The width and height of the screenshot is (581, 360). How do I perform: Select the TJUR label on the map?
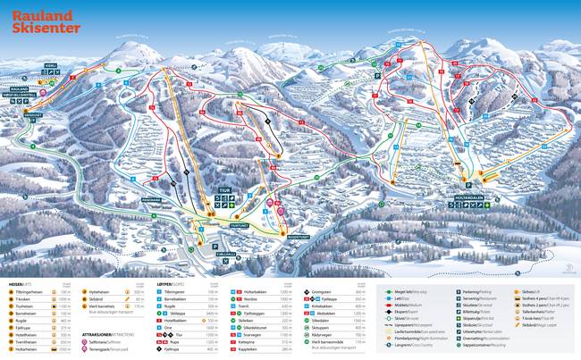227,190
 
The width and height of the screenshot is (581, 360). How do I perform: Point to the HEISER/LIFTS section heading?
24,283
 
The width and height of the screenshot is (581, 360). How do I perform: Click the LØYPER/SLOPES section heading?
174,283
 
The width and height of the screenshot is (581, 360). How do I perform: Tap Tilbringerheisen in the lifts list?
34,293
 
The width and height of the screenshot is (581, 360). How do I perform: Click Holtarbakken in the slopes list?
256,293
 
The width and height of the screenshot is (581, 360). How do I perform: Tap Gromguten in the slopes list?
324,293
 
